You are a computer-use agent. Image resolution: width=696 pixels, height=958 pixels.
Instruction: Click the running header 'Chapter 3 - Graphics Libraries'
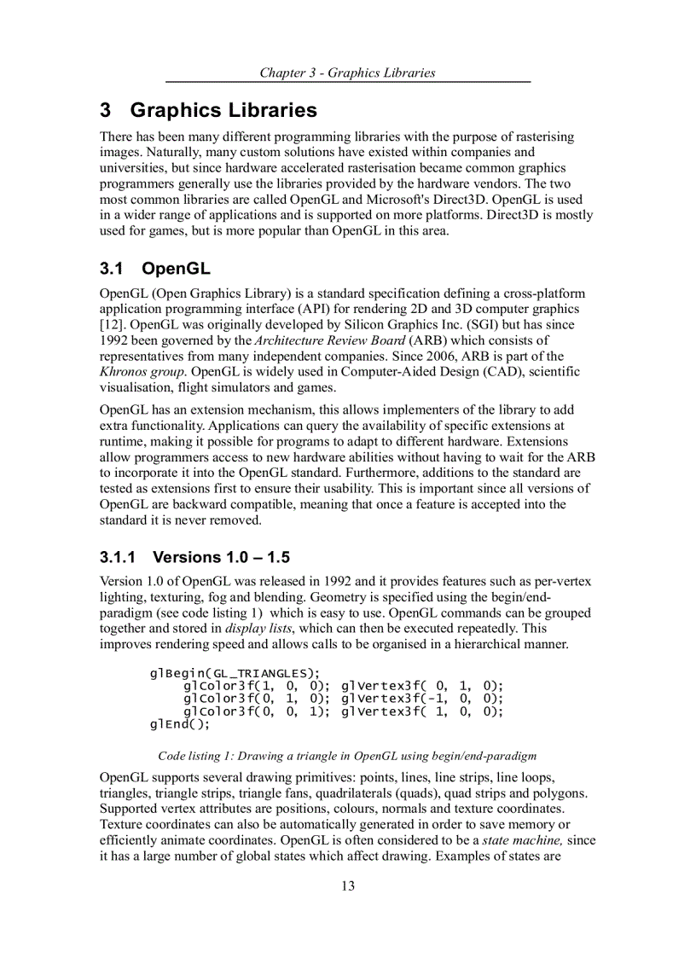347,73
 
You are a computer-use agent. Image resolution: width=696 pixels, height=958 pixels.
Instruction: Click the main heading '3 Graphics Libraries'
208,110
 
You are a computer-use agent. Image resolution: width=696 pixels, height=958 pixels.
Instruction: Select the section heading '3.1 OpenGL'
154,269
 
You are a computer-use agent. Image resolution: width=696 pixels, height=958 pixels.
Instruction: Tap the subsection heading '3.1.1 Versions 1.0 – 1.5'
194,557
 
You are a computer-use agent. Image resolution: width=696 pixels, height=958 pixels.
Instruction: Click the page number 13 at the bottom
348,885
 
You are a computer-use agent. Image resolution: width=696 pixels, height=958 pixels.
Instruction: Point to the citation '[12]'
111,324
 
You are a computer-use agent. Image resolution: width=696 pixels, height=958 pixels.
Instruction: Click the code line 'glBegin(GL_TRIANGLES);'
235,673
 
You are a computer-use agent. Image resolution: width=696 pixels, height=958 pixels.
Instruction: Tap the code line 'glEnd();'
179,724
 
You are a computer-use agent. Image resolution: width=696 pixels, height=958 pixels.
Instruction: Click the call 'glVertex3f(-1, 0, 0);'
422,699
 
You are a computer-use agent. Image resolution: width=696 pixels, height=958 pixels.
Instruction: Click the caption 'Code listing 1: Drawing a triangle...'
347,756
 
